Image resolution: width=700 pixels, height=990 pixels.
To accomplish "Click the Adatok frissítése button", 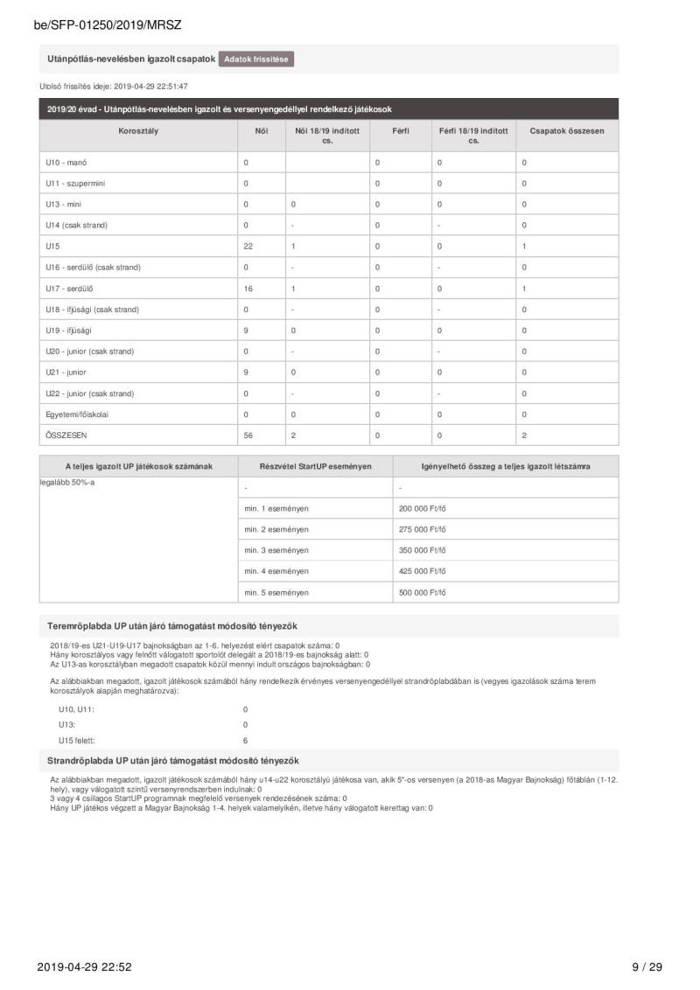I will pos(256,59).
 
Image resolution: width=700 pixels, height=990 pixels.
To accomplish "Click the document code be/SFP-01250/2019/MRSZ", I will pos(108,25).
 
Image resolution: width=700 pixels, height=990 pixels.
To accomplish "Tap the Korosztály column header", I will pos(138,130).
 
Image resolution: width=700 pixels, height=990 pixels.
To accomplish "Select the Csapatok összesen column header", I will pos(567,130).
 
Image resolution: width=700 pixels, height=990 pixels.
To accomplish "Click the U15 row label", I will pos(52,247).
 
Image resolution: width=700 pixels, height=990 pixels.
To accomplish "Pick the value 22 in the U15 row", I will pos(248,247).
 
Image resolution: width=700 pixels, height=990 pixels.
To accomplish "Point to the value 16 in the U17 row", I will pos(248,289).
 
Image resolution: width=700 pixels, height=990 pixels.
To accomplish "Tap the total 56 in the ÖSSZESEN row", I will pos(248,436).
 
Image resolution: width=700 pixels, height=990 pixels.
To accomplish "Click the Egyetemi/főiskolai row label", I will pos(77,415).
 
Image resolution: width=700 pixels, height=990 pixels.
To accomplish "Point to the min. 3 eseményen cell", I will pos(276,550).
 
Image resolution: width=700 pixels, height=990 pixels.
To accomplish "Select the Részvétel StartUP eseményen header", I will pos(315,466).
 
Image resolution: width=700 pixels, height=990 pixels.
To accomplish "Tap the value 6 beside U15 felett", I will pos(245,740).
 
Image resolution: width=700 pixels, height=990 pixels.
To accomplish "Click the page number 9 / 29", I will pos(647,966).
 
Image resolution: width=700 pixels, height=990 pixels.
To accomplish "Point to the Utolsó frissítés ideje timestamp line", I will pos(114,87).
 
